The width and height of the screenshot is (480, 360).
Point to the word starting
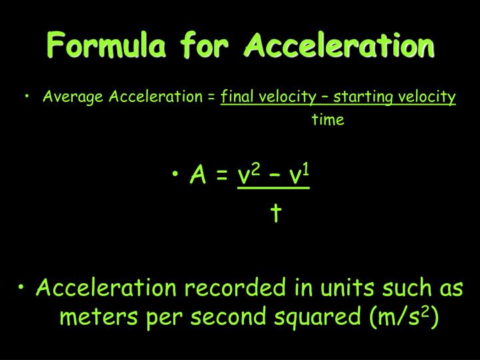(x=364, y=98)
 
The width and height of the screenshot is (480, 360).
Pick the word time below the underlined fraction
(x=328, y=121)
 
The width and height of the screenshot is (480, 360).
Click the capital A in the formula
(x=197, y=176)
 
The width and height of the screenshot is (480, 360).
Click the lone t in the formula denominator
(x=276, y=213)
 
